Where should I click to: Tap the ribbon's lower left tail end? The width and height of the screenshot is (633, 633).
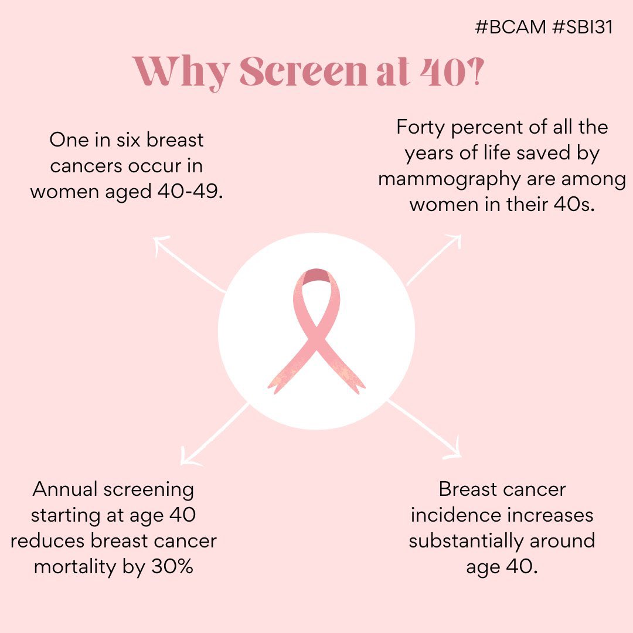coord(275,384)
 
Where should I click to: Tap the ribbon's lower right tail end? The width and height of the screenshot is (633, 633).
coord(359,384)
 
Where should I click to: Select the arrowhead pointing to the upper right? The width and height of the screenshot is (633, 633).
coord(455,240)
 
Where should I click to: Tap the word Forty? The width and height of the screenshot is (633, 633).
coord(421,127)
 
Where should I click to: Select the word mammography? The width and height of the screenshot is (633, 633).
coord(448,179)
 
